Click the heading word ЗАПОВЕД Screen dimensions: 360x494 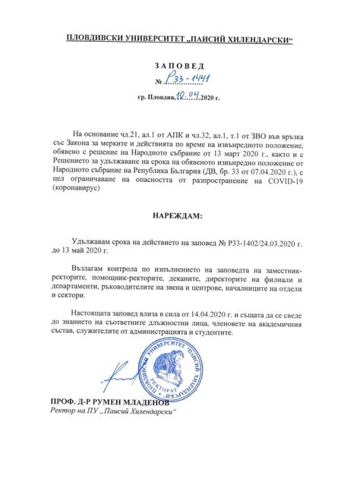[x=180, y=66]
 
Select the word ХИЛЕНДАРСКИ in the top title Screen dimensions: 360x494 [x=256, y=37]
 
